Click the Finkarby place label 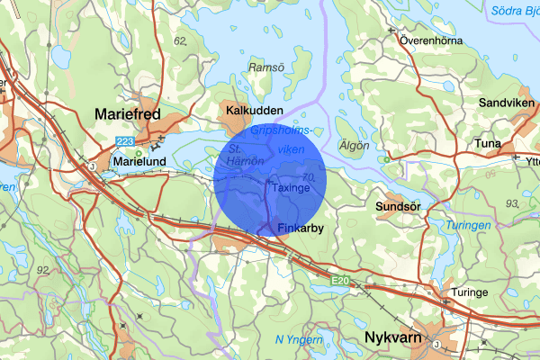[301, 229]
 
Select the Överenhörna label [430, 40]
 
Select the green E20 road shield [338, 282]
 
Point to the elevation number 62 [181, 41]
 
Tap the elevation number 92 [43, 269]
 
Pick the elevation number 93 [511, 204]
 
